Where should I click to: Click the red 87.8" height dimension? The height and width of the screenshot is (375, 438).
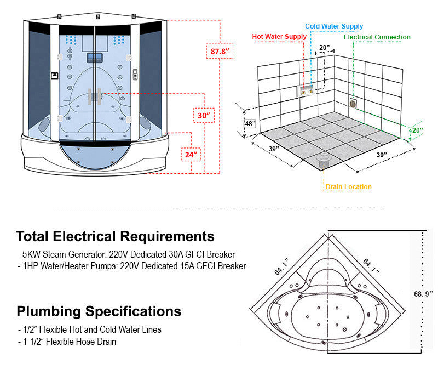[220, 52]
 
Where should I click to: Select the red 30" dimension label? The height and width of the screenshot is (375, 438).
[204, 116]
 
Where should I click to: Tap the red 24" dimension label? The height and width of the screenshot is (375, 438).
[191, 155]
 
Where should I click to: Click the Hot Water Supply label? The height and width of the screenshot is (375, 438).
[279, 37]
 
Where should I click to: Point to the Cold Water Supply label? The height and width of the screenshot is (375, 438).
[333, 26]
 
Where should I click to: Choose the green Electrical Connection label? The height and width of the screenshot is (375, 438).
[377, 37]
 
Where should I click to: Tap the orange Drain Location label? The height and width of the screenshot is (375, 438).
[348, 187]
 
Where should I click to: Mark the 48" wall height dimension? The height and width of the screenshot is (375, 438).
[250, 124]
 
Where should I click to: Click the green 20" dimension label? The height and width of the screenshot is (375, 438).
[418, 130]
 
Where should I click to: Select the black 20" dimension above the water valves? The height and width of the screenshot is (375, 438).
[324, 48]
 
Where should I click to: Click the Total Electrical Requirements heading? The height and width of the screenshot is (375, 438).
[115, 236]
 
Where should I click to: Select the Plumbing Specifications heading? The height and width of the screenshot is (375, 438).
[99, 311]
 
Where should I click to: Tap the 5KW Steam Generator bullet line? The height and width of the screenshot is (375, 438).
[126, 254]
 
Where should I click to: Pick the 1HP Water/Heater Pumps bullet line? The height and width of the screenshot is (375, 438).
[132, 266]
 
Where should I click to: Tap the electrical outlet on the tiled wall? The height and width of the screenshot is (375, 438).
[353, 102]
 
